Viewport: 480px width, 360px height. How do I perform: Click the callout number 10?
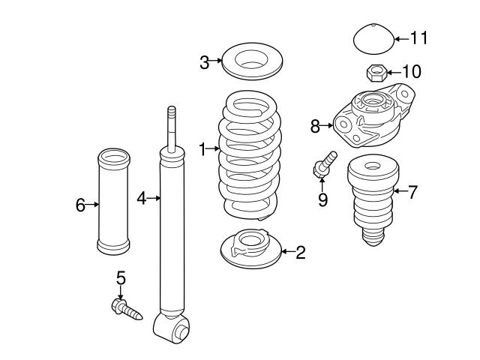(412, 72)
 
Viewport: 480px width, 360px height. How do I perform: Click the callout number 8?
(315, 126)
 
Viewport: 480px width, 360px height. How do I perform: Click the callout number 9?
(322, 200)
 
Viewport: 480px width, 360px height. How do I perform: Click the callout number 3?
(204, 62)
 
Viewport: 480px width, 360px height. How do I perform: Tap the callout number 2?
(300, 252)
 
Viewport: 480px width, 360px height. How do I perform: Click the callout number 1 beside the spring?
(202, 149)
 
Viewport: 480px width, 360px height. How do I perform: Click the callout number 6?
(81, 204)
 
